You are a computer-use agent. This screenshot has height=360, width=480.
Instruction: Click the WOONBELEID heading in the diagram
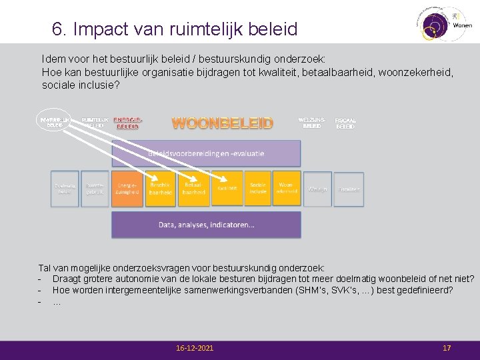(223, 123)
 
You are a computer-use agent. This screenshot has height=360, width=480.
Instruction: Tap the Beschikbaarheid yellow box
(160, 189)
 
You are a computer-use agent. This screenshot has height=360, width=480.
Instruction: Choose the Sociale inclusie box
(258, 189)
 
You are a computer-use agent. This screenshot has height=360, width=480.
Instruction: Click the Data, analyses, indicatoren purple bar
(206, 225)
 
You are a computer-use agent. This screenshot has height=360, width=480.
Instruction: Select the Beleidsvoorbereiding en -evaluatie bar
(206, 153)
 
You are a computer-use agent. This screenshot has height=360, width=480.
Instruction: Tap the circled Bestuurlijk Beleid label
(55, 122)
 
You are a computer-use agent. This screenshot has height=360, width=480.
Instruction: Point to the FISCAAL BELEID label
(345, 123)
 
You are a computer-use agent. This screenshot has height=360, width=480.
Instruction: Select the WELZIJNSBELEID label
(311, 123)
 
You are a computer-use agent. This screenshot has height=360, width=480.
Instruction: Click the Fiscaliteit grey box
(349, 189)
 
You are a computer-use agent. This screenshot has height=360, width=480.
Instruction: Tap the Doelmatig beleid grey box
(65, 189)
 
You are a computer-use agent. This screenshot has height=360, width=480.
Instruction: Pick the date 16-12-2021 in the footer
(195, 348)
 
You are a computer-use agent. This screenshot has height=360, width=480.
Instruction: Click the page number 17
(447, 348)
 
